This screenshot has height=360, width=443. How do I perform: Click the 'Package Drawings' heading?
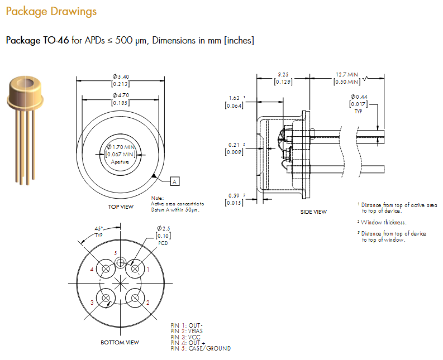(51, 11)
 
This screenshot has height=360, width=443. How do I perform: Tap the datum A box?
(174, 181)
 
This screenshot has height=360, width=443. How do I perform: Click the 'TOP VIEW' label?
(121, 207)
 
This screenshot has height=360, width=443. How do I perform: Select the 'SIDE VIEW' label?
(313, 212)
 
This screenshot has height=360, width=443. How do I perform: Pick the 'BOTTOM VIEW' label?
(120, 342)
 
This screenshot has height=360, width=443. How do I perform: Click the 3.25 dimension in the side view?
(283, 74)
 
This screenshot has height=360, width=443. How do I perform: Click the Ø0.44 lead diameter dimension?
(358, 97)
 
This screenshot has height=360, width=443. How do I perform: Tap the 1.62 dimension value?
(234, 98)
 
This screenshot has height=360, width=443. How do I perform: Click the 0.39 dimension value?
(234, 195)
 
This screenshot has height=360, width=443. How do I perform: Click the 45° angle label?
(99, 228)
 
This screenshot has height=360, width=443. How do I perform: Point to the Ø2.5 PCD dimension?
(163, 229)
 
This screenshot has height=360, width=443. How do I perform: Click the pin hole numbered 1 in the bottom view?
(135, 269)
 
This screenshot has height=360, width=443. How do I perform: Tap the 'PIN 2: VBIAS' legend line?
(187, 331)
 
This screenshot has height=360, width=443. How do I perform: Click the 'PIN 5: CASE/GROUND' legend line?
(201, 348)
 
